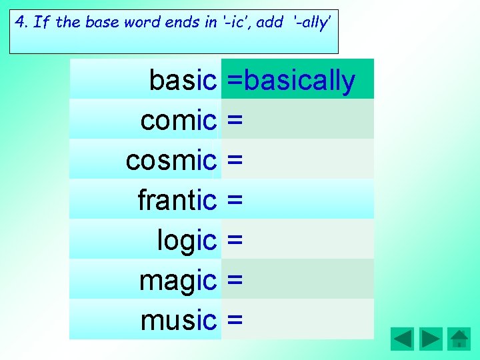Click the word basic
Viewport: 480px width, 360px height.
click(x=183, y=81)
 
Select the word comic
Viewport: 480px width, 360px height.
click(x=179, y=121)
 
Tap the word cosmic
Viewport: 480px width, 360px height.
click(x=171, y=161)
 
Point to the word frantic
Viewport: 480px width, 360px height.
click(x=177, y=200)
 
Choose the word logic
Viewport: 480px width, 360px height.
click(x=187, y=241)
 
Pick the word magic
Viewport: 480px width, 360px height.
click(x=178, y=281)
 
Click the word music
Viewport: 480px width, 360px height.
click(x=179, y=321)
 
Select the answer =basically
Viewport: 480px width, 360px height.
click(x=291, y=81)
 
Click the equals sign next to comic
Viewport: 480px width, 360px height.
click(x=234, y=121)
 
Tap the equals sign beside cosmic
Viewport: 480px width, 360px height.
click(x=234, y=161)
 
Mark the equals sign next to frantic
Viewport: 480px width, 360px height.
click(x=234, y=201)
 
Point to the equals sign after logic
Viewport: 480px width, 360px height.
click(x=234, y=241)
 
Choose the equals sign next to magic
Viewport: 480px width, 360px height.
click(x=234, y=281)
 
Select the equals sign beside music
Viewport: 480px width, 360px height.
click(x=234, y=321)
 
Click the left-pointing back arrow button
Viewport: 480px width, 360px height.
click(x=402, y=339)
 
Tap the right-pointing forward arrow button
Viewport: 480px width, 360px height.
click(x=431, y=339)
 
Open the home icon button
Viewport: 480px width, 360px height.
click(x=459, y=339)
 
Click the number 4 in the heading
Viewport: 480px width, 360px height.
click(x=19, y=22)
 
